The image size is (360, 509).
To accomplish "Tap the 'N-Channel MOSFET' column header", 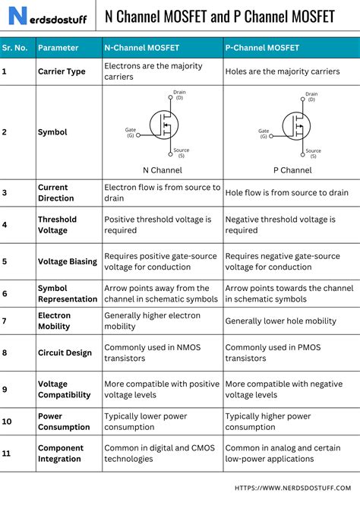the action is (141, 47).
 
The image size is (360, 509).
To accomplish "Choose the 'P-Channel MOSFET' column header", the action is (262, 47).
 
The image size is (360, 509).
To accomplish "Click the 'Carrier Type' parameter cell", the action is (62, 71).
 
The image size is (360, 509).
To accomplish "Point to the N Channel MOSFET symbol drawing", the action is (163, 123).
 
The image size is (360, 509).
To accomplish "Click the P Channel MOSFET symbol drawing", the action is (292, 125).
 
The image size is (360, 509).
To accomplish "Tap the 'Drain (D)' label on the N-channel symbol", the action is (179, 95).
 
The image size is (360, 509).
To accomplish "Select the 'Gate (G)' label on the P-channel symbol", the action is (264, 133).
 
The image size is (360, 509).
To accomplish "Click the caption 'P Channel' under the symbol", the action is (292, 170).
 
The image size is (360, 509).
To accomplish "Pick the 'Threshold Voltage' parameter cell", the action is (58, 224).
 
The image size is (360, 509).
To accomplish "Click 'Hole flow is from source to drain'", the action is (287, 192).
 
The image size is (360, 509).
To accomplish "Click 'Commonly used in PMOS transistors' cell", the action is (267, 353).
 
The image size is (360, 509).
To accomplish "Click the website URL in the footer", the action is (294, 488).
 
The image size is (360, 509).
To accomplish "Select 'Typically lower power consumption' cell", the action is (147, 422).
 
